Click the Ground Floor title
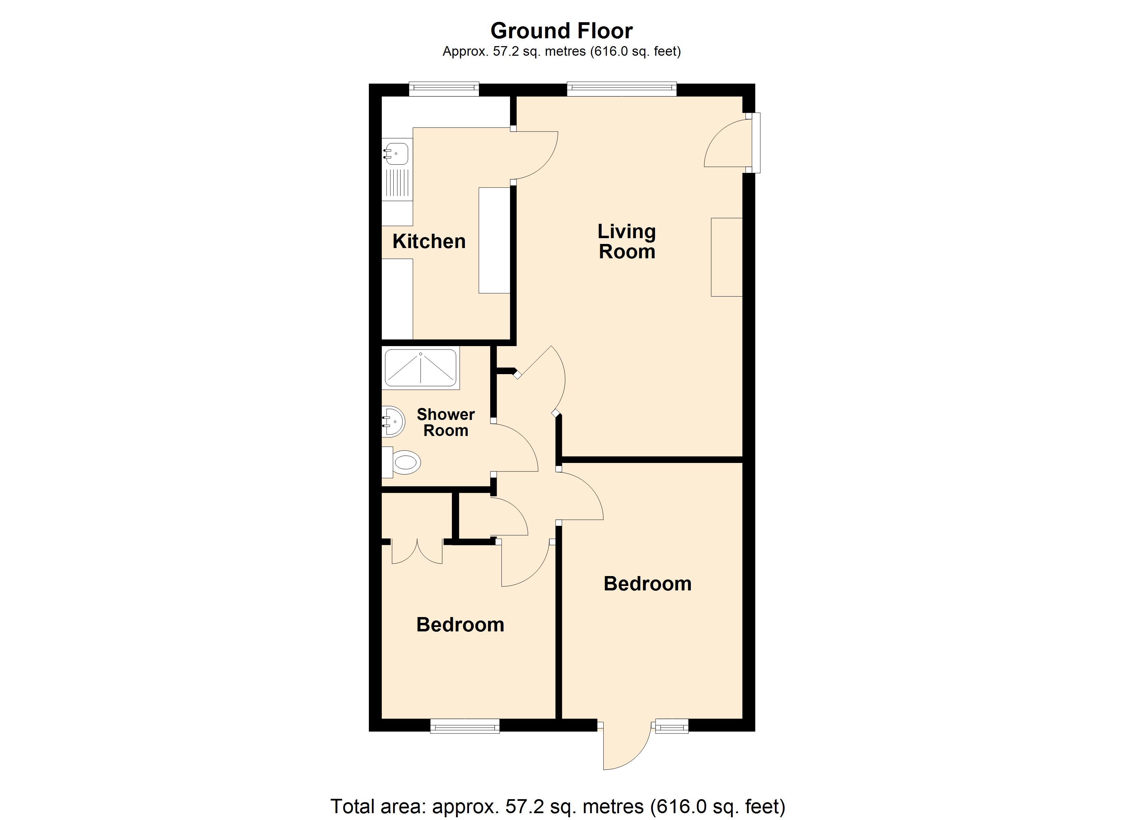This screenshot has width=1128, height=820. pos(562,31)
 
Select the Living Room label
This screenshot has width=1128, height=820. pos(627,241)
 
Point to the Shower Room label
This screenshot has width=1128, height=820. pos(446,422)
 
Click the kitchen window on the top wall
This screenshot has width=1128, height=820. pos(444,90)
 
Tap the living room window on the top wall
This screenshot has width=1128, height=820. pos(622,90)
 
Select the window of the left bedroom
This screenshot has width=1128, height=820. pos(465,726)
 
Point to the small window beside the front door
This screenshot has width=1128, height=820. pos(672,726)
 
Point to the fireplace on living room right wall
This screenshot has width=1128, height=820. pos(727,257)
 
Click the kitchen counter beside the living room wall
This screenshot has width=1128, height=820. pos(494,240)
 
